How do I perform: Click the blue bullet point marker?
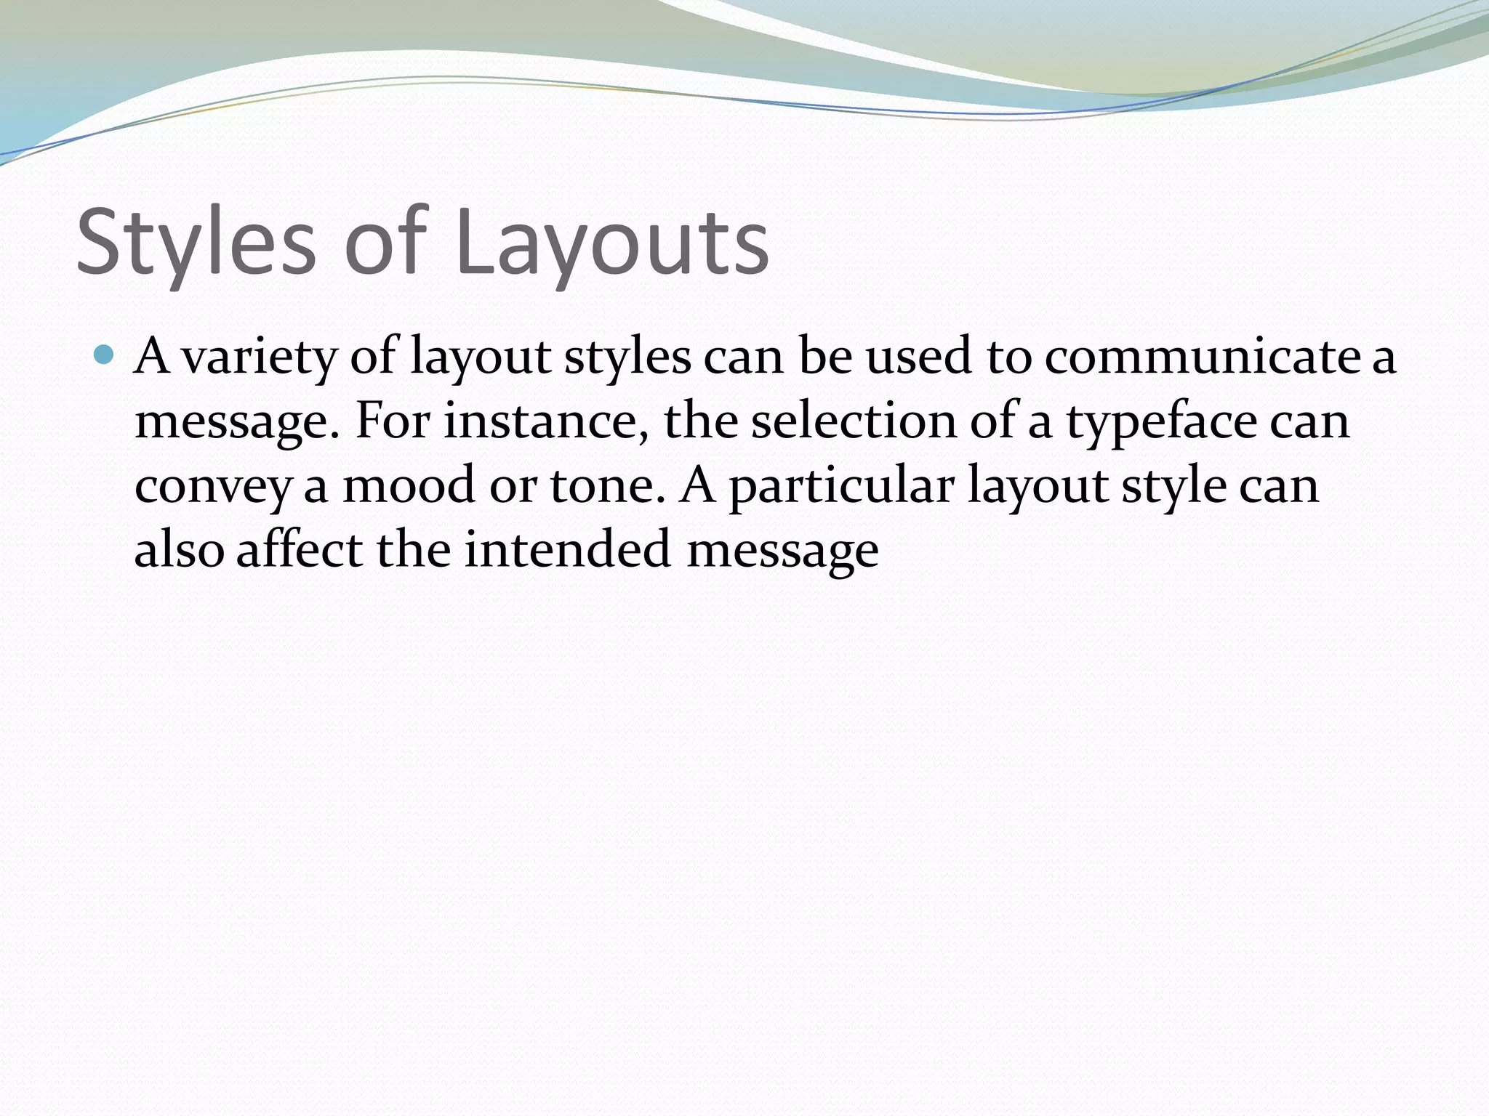(105, 356)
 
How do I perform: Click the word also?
(179, 549)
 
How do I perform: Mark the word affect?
(299, 549)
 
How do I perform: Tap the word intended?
(567, 549)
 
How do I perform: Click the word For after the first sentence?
(391, 421)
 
